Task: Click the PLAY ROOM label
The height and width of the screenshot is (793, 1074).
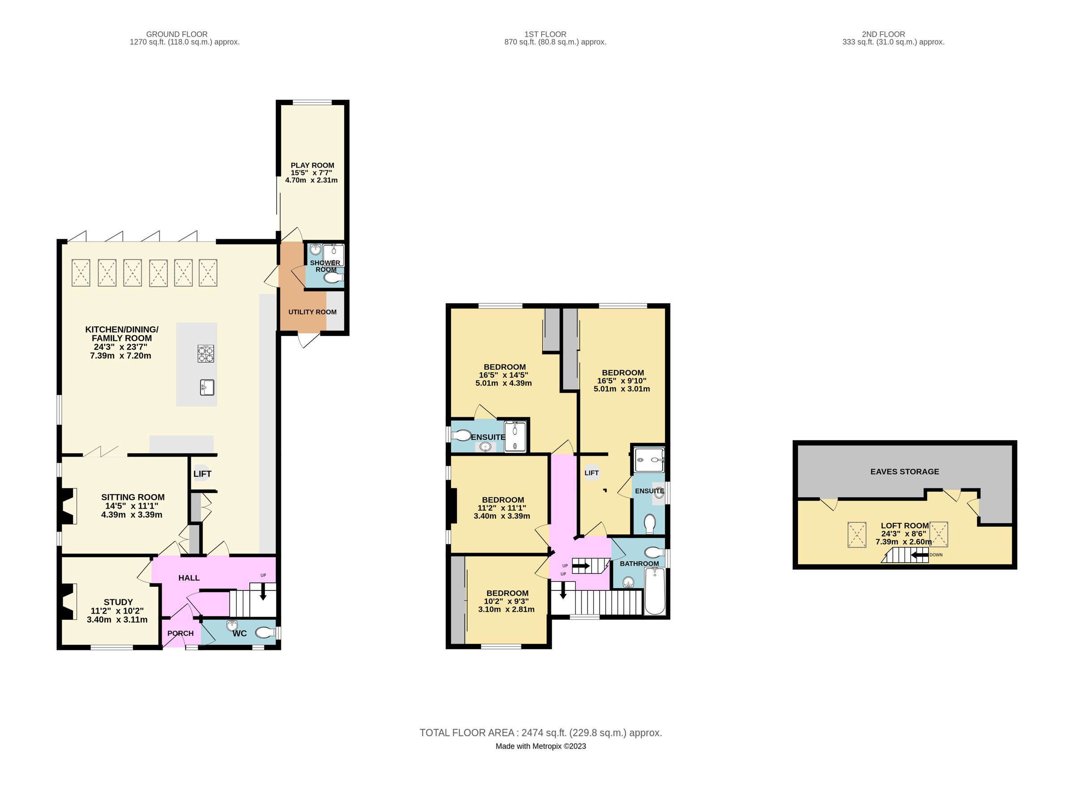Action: (312, 165)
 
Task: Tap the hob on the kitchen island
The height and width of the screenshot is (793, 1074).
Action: (205, 353)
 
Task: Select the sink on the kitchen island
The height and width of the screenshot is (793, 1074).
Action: (207, 387)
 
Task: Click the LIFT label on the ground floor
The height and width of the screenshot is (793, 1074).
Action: (202, 474)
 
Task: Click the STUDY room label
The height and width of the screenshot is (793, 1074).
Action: (118, 602)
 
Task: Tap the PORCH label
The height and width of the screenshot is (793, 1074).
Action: (180, 633)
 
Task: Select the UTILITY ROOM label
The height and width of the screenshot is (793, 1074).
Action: (312, 312)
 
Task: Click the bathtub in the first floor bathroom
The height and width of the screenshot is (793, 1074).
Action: (654, 591)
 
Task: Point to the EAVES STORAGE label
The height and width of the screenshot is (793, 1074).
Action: (904, 471)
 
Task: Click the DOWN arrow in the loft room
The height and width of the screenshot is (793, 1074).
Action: (919, 556)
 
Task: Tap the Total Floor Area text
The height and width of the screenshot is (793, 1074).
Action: (541, 733)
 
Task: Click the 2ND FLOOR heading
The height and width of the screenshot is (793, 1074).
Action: (883, 34)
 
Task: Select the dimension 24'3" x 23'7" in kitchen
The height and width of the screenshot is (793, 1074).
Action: (120, 347)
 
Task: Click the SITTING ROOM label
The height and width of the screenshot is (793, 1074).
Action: (132, 497)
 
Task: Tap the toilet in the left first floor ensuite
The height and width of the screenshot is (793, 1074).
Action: (461, 435)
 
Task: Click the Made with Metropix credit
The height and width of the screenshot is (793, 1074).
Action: (541, 746)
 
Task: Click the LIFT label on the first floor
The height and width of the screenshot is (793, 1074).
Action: (591, 473)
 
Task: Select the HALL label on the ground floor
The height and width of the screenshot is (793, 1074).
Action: (189, 578)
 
